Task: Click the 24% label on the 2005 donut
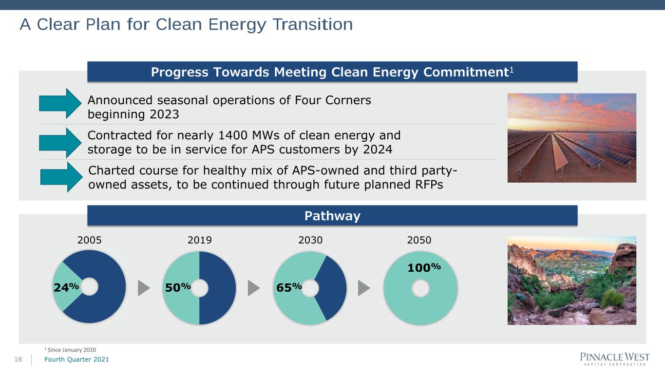point(66,287)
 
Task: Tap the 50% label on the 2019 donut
point(178,287)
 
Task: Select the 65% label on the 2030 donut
point(289,287)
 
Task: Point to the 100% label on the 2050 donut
point(424,267)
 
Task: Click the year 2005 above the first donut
point(89,240)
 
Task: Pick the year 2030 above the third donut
point(310,240)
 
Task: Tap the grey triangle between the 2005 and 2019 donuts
point(144,288)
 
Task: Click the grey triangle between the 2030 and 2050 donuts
point(364,288)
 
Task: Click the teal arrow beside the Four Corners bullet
point(60,104)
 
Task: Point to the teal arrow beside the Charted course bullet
point(61,177)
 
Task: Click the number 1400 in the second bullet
point(232,135)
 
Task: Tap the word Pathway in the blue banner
point(332,216)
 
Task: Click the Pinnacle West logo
point(615,358)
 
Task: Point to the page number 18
point(18,359)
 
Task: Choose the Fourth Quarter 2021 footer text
point(76,359)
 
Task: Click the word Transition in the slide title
point(313,24)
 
